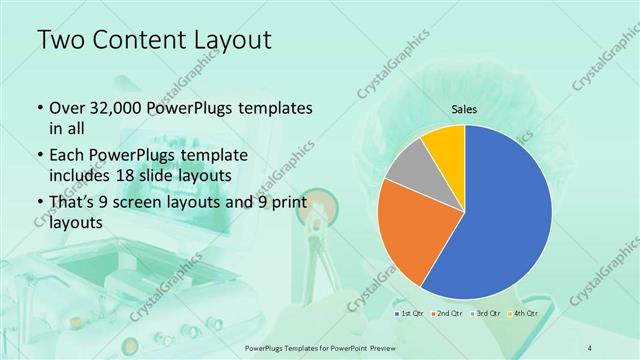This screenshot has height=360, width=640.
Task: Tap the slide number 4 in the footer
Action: click(x=590, y=347)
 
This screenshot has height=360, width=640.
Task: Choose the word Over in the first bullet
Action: click(x=67, y=107)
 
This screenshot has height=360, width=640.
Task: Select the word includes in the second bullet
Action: click(x=84, y=176)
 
